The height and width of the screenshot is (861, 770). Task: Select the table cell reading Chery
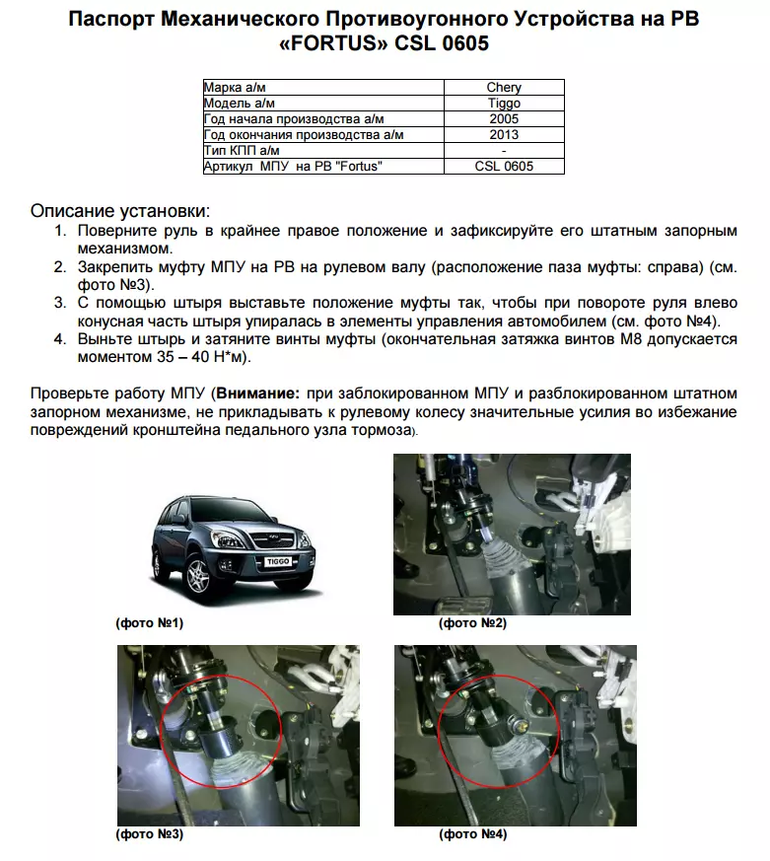504,88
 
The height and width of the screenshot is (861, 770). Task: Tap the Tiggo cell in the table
504,104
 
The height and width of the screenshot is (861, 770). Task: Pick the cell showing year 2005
504,119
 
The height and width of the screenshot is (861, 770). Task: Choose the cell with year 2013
504,135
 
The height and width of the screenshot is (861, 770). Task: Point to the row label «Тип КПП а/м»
241,151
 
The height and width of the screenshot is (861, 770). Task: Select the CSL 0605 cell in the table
504,167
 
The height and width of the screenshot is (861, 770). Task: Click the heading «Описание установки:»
119,211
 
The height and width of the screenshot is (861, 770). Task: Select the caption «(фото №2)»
472,623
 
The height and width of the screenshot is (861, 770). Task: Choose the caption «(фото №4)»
472,833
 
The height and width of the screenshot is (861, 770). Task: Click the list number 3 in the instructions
60,303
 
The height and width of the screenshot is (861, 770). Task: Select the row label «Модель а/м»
238,104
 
